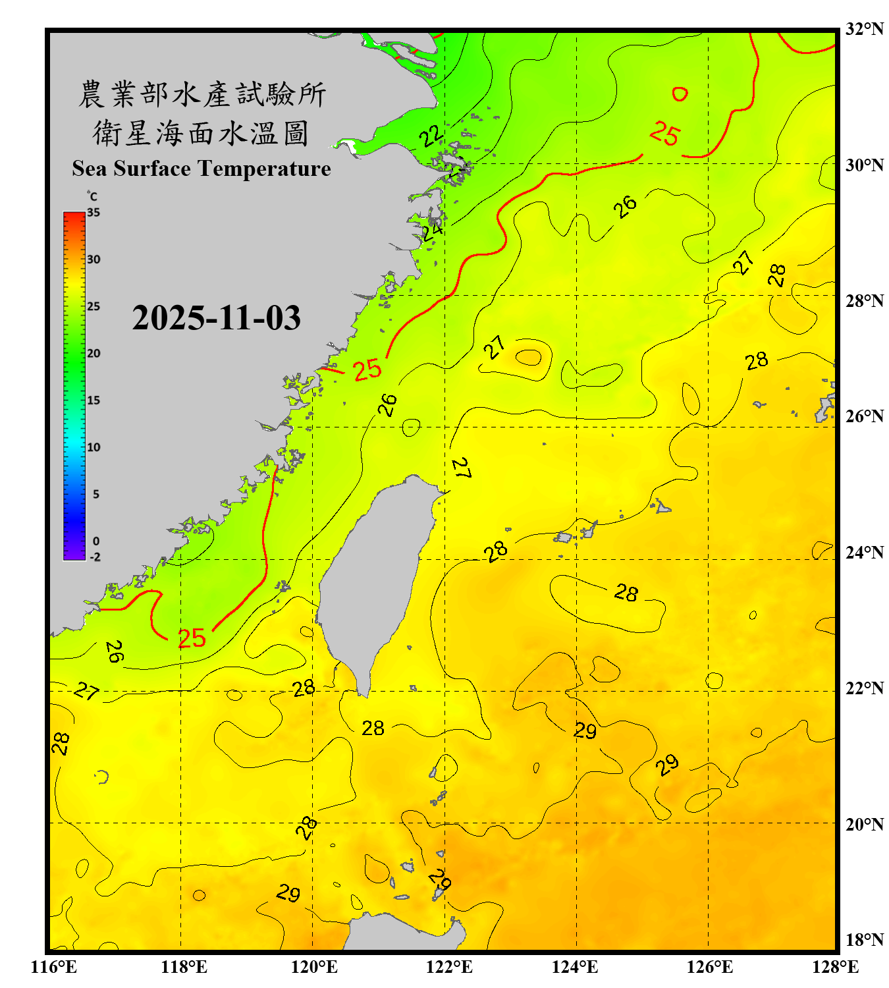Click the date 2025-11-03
[x=216, y=318]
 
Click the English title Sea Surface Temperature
[x=201, y=169]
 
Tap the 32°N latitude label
[x=864, y=29]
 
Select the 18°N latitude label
[x=864, y=939]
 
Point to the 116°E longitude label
[x=54, y=967]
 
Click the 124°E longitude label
[x=575, y=967]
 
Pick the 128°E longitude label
[x=835, y=967]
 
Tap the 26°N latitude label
[x=864, y=416]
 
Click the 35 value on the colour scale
[x=94, y=213]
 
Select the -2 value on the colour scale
[x=95, y=557]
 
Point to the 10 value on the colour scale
[x=94, y=447]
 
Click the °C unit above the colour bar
[x=92, y=196]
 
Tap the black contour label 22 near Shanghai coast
[x=431, y=136]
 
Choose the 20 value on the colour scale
[x=94, y=354]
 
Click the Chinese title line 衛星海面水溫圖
[x=201, y=133]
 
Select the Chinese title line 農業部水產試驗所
[x=202, y=94]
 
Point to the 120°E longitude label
[x=314, y=967]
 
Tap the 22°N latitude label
[x=864, y=688]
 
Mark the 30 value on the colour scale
[x=94, y=260]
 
